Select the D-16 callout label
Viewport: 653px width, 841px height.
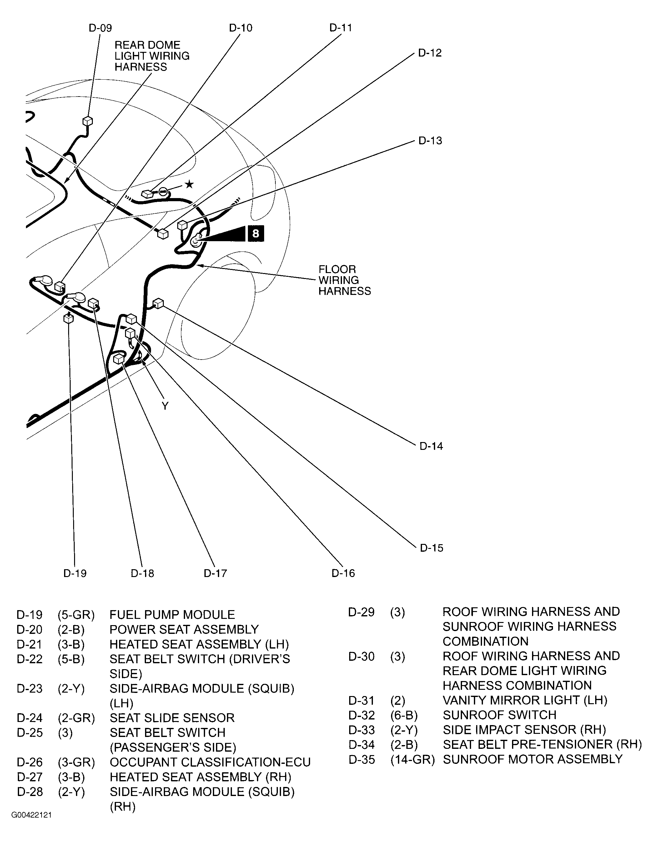point(343,573)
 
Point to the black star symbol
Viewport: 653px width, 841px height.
point(189,184)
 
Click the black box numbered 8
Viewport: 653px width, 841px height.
point(255,233)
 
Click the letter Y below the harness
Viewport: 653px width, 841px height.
point(165,406)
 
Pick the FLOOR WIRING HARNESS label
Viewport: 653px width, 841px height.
point(344,280)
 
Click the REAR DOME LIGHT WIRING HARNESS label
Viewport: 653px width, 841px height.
point(152,56)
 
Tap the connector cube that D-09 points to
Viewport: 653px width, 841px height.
point(88,121)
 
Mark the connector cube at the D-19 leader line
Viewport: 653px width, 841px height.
point(68,318)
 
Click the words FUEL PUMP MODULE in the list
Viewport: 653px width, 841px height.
point(172,615)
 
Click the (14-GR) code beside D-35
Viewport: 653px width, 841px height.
point(412,759)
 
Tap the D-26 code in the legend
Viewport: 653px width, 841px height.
point(30,762)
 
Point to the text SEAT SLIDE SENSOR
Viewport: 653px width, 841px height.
point(172,718)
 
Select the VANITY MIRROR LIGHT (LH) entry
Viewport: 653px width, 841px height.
point(525,700)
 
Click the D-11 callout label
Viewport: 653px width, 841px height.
point(340,28)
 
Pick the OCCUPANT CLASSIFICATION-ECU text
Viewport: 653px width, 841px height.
point(210,762)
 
